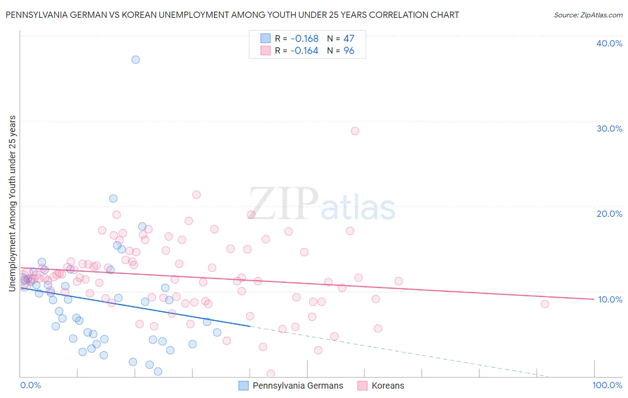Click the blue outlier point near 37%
point(135,59)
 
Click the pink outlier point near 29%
point(355,131)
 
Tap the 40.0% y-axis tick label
point(609,43)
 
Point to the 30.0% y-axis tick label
point(609,129)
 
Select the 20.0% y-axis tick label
point(609,214)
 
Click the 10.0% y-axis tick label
point(610,299)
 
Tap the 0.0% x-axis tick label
point(31,385)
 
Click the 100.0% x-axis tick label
point(607,385)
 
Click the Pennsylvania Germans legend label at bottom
point(298,386)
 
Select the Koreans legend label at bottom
point(388,386)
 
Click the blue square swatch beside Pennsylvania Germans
point(243,386)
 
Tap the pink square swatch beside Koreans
point(362,386)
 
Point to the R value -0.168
point(304,38)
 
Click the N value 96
point(349,51)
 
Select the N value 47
point(349,38)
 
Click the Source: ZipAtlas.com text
point(588,15)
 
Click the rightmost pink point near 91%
point(544,304)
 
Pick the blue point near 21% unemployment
point(113,199)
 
